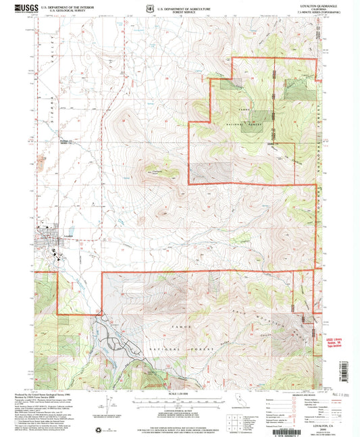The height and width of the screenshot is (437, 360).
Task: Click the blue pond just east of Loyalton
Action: click(119, 221)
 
